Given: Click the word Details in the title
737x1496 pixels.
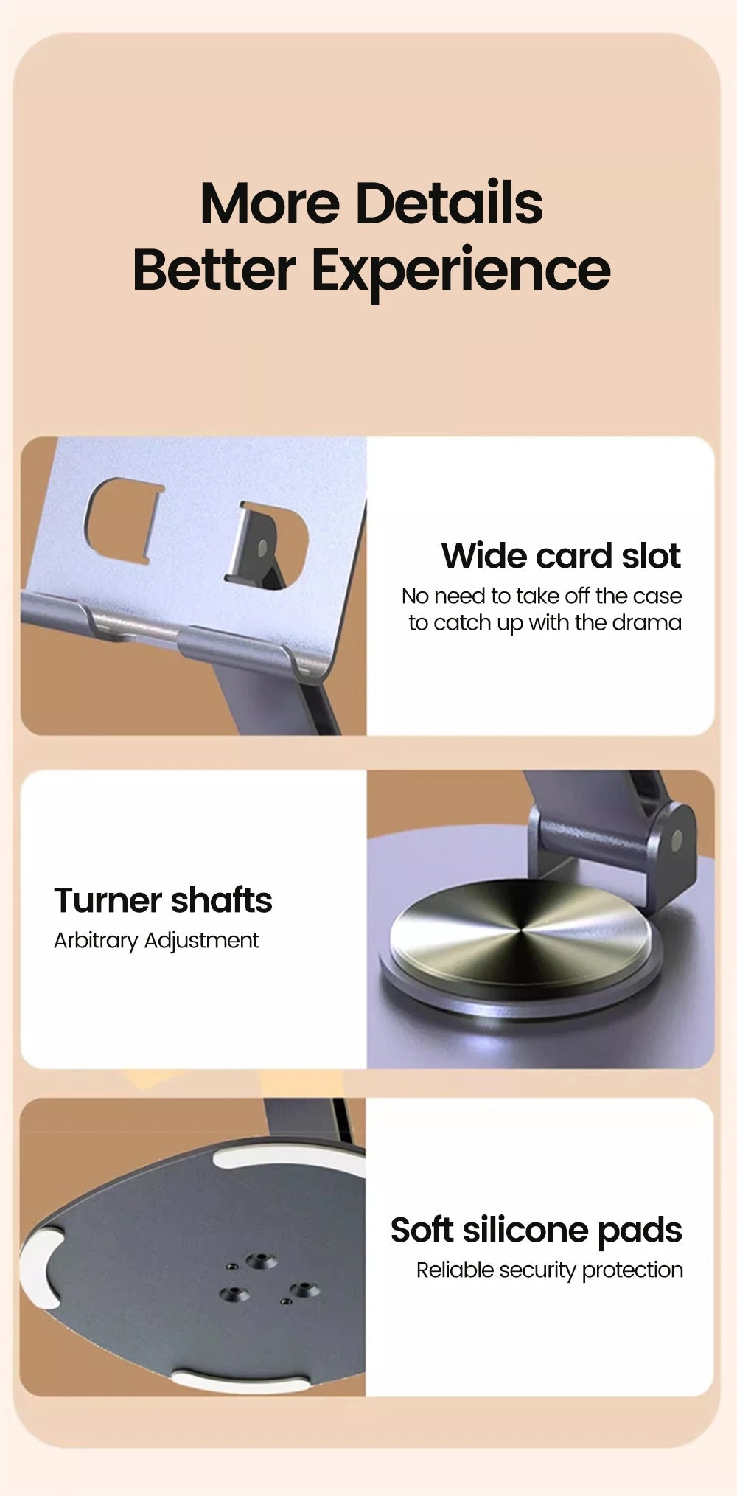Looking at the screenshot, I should (x=449, y=203).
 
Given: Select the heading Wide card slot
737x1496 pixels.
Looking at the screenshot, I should (x=561, y=556).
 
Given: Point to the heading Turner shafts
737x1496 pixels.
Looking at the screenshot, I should (x=163, y=900).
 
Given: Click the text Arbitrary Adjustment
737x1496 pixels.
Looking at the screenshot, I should (x=156, y=941).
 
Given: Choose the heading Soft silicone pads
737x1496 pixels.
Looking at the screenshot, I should (x=536, y=1230).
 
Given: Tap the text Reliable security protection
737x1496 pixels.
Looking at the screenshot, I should (x=549, y=1270).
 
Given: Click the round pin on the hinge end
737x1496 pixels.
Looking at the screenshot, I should (x=677, y=839).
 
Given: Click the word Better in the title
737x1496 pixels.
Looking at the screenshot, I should (x=214, y=270).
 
